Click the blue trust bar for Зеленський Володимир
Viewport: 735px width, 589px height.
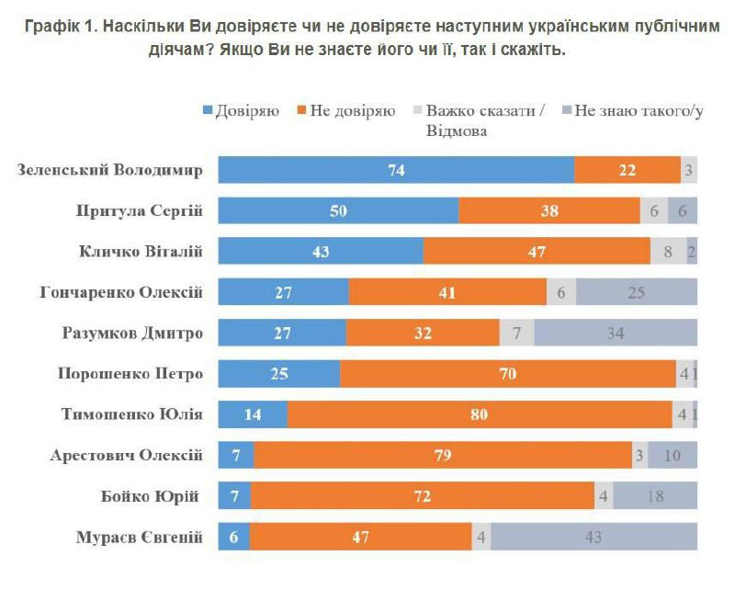pos(396,170)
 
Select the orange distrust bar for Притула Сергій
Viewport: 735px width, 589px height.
pos(549,210)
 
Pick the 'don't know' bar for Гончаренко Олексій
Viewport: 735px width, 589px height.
pos(637,292)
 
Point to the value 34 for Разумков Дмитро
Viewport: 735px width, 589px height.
pos(616,333)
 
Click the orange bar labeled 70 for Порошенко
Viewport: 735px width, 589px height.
pos(507,374)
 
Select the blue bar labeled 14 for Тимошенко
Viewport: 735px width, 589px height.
pos(253,414)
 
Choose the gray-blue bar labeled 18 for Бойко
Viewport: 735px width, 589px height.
pos(655,496)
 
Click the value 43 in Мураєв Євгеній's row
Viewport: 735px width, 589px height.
pos(593,538)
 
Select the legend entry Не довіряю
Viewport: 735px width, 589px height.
pos(345,111)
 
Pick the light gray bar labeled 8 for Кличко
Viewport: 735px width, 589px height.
pos(667,251)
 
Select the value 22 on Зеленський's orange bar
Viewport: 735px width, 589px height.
pos(628,170)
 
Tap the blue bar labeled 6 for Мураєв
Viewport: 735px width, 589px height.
pos(234,538)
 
